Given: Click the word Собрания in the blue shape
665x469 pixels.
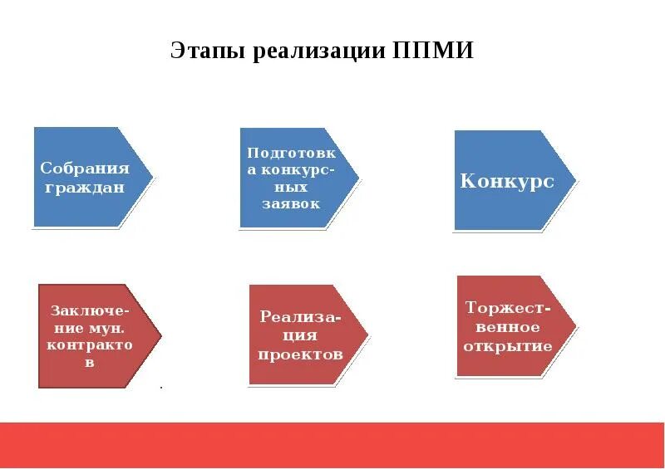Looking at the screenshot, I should (85, 169).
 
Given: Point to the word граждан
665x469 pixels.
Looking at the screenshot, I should (85, 188).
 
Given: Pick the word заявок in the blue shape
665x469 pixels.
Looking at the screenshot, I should (291, 204).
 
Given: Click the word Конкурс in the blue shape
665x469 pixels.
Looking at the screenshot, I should (507, 181).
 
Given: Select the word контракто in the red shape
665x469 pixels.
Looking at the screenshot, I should (90, 344).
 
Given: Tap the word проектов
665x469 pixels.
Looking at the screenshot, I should (300, 354).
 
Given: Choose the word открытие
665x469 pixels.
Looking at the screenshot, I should (507, 346).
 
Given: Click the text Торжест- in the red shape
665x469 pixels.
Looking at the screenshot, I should (508, 307).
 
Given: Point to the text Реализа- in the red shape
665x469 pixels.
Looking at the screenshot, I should (300, 317).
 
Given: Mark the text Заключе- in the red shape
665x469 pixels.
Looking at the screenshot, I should (90, 310).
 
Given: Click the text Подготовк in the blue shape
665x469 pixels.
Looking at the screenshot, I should (291, 154).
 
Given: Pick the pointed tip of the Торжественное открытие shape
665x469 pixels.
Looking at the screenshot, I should (575, 326).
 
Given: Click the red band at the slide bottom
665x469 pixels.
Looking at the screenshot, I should (332, 444).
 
